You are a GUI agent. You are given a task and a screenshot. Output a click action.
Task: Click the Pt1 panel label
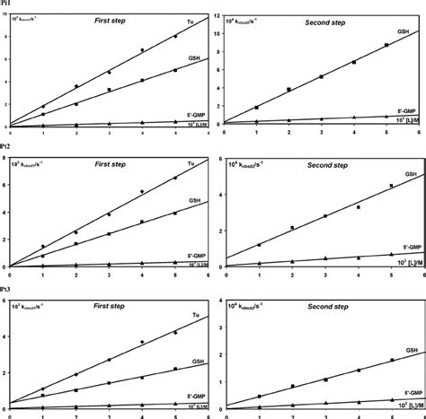click(6, 4)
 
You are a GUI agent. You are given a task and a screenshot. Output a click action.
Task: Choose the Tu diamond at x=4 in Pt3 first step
click(142, 342)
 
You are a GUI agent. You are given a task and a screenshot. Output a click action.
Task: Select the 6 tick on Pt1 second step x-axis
click(419, 132)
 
